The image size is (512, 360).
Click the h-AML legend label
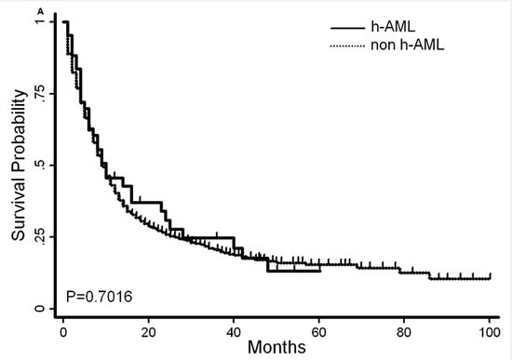point(393,26)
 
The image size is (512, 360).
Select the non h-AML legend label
point(407,45)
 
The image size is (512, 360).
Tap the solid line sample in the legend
point(347,28)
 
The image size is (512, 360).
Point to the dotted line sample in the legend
point(347,47)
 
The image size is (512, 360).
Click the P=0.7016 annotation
point(100,297)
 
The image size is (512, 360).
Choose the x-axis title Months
point(276,347)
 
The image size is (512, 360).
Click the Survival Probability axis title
point(19,166)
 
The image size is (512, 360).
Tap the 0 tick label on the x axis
point(63,332)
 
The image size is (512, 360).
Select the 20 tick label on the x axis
point(149,332)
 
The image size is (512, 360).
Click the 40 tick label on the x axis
point(234,332)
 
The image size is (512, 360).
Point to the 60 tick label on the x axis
point(318,332)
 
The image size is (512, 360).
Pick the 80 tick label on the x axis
point(404,332)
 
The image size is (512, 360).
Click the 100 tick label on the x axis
point(489,332)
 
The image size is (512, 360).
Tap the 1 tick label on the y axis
point(40,21)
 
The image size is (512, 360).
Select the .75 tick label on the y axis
point(40,94)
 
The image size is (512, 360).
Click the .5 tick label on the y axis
point(40,166)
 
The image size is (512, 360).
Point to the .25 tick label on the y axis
point(40,236)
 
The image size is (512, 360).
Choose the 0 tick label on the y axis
point(40,309)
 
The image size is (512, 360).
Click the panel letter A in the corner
point(40,12)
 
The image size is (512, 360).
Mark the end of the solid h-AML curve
point(320,271)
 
